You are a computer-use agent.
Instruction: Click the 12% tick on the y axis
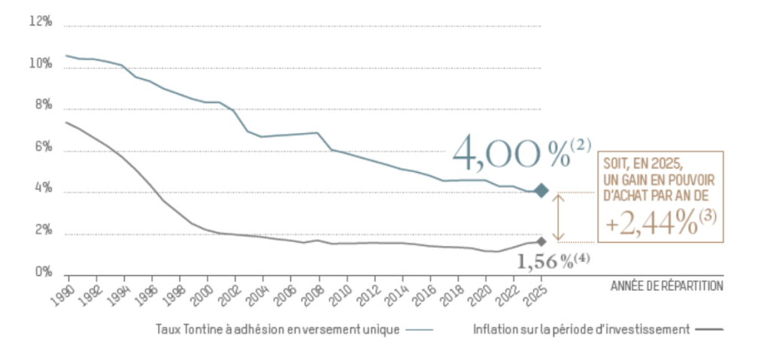coord(41,22)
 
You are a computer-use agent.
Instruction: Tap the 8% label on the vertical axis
coord(42,106)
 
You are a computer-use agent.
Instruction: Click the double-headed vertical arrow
coord(558,216)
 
